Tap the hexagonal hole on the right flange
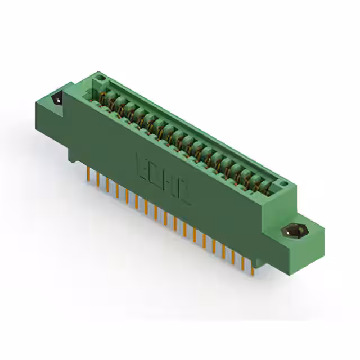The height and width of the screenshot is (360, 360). (291, 231)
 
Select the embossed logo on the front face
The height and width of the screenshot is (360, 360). (164, 178)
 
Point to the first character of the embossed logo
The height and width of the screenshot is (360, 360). (140, 163)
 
